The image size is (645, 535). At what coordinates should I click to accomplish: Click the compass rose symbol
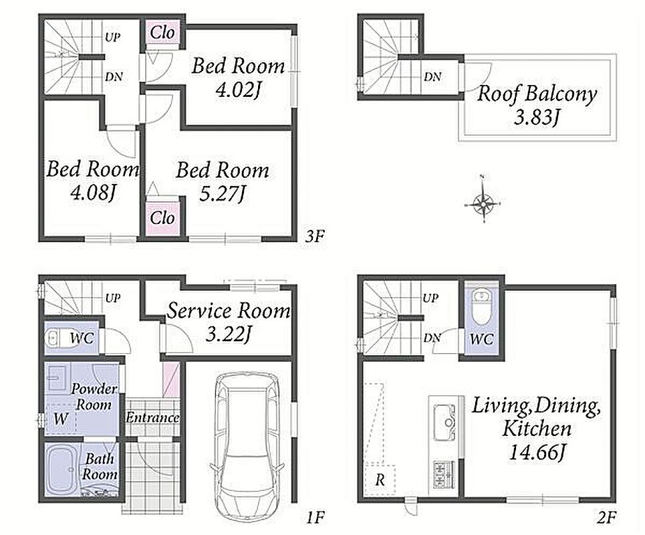[x=483, y=203]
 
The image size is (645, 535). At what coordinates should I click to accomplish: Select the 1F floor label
[x=315, y=517]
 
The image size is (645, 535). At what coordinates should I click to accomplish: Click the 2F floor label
[x=606, y=517]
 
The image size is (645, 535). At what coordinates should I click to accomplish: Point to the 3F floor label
[x=315, y=236]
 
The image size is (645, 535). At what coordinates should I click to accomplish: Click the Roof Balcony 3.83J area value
[x=537, y=118]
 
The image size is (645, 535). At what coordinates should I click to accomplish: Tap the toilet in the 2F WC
[x=480, y=306]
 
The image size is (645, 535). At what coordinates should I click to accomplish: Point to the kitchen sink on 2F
[x=443, y=422]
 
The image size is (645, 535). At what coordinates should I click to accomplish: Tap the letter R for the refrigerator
[x=380, y=480]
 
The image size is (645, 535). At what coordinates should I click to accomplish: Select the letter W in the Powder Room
[x=60, y=419]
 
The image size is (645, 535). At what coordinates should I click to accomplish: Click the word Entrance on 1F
[x=152, y=418]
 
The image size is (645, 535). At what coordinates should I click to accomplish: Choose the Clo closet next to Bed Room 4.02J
[x=162, y=33]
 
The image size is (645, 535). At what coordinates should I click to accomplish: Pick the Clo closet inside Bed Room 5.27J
[x=162, y=218]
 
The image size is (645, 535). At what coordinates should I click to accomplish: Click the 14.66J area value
[x=537, y=453]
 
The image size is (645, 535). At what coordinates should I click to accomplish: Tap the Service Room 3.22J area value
[x=229, y=334]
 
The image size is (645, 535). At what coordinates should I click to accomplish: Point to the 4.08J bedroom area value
[x=92, y=192]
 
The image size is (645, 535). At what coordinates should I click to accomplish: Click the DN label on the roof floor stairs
[x=432, y=76]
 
